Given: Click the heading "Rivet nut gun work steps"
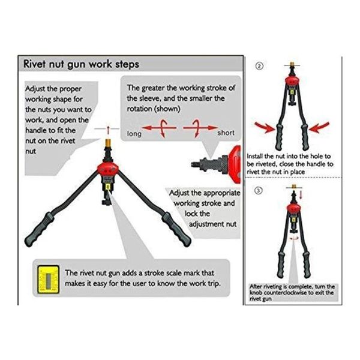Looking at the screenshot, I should coord(80,64).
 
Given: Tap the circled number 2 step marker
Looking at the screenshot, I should coord(260,67).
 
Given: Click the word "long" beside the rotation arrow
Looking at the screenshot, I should coord(134,134).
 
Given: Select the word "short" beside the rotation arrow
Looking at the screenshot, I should coord(226,133).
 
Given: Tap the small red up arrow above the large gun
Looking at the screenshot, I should coord(109,129).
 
